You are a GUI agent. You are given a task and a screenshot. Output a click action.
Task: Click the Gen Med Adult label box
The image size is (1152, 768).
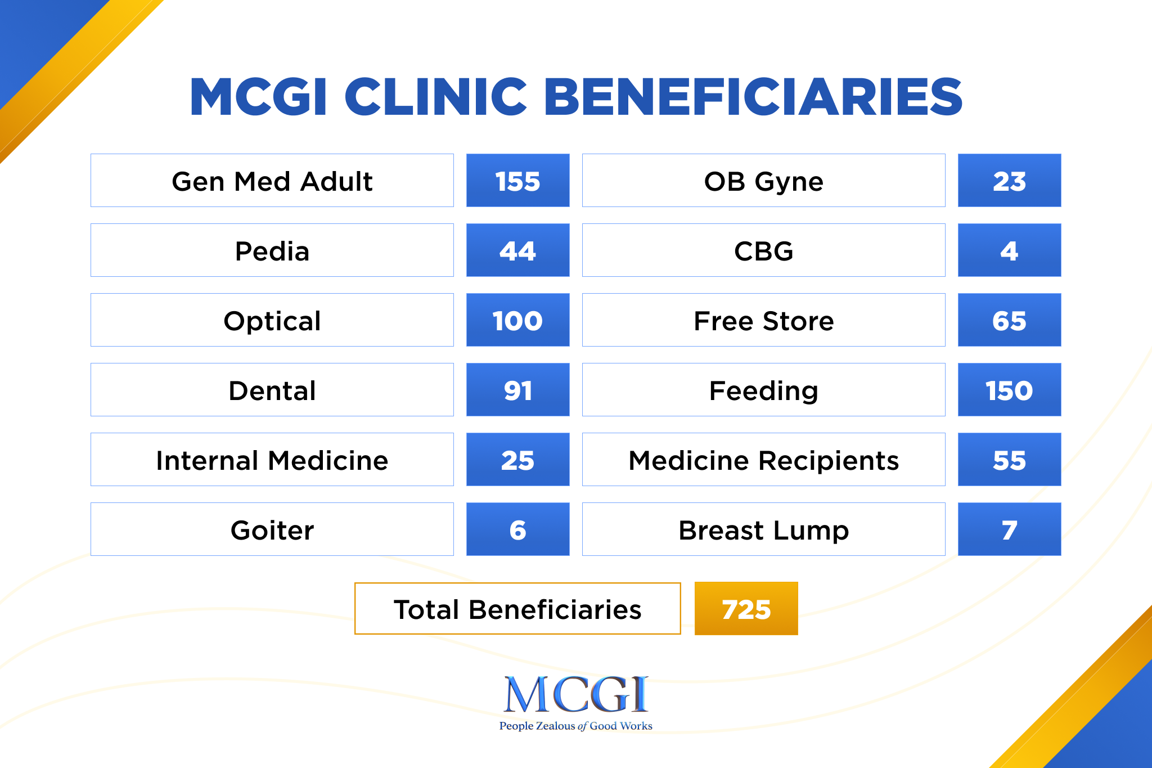272,181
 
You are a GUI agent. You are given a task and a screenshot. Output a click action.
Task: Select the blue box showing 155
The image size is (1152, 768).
517,181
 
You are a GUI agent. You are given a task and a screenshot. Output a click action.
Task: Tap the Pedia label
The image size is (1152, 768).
272,250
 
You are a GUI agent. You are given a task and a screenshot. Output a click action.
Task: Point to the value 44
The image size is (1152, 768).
517,250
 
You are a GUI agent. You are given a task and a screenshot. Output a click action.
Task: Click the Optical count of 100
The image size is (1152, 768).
517,320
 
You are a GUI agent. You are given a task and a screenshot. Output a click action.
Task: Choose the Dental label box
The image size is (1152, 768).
272,390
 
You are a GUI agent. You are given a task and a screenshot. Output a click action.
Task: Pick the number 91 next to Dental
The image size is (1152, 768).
517,390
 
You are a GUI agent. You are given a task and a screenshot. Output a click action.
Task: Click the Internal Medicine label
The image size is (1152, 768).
272,460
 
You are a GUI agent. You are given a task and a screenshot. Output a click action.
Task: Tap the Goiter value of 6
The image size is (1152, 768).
517,529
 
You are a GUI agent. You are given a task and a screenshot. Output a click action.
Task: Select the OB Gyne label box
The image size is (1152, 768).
763,181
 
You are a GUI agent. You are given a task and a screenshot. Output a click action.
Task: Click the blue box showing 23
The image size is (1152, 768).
1009,181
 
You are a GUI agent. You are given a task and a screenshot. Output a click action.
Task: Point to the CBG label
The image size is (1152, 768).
763,250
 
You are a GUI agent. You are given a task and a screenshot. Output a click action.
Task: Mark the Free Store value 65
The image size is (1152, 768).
1009,320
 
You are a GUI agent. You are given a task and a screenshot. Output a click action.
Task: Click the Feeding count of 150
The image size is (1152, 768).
1009,390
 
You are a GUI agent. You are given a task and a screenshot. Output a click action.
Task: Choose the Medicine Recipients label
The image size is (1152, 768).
763,460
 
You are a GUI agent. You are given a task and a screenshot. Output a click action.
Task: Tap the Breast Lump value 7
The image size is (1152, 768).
1009,529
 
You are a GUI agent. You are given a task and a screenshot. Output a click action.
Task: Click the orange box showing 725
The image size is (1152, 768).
746,609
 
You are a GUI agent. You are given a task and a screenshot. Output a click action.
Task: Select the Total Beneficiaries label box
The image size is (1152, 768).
517,609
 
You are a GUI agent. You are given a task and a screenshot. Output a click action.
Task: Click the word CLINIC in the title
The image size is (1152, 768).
436,97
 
